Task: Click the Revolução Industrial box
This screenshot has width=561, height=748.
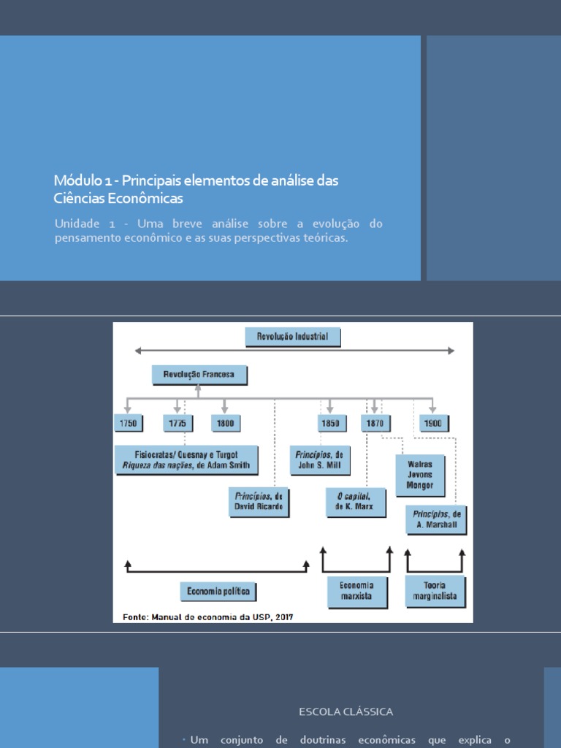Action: click(292, 337)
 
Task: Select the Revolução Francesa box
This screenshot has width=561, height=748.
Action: click(199, 375)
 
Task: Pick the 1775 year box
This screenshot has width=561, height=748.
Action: click(177, 423)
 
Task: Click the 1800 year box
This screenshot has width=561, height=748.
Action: click(225, 423)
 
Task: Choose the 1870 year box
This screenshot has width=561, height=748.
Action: click(375, 423)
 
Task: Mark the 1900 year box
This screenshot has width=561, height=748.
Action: click(434, 423)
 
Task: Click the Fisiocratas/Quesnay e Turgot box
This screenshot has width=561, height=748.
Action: click(186, 459)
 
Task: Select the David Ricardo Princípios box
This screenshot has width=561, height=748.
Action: click(258, 502)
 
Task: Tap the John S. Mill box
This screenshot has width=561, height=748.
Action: click(319, 459)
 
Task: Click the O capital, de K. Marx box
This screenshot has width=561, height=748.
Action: click(355, 502)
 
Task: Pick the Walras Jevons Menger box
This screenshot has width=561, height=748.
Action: click(420, 475)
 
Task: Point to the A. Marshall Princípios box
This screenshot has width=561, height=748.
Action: click(435, 519)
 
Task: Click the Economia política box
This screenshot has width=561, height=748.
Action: click(218, 591)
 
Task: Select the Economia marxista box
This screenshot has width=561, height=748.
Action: click(356, 590)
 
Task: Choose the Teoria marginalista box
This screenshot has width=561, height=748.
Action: click(435, 590)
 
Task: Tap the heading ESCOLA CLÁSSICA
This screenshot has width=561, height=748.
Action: click(346, 711)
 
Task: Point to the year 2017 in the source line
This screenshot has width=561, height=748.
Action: click(280, 617)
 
